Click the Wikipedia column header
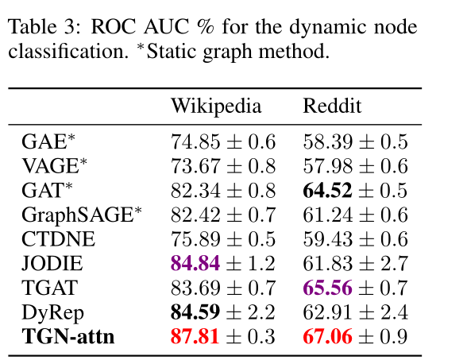pyautogui.click(x=215, y=106)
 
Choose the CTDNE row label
pyautogui.click(x=58, y=239)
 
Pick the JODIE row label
pyautogui.click(x=53, y=264)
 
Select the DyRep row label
pyautogui.click(x=52, y=312)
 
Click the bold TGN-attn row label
pyautogui.click(x=68, y=337)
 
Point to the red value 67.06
pyautogui.click(x=326, y=337)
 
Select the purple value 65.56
pyautogui.click(x=326, y=288)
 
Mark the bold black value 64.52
pyautogui.click(x=326, y=191)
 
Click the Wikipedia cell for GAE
pyautogui.click(x=222, y=142)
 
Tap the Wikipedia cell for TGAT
pyautogui.click(x=222, y=288)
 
